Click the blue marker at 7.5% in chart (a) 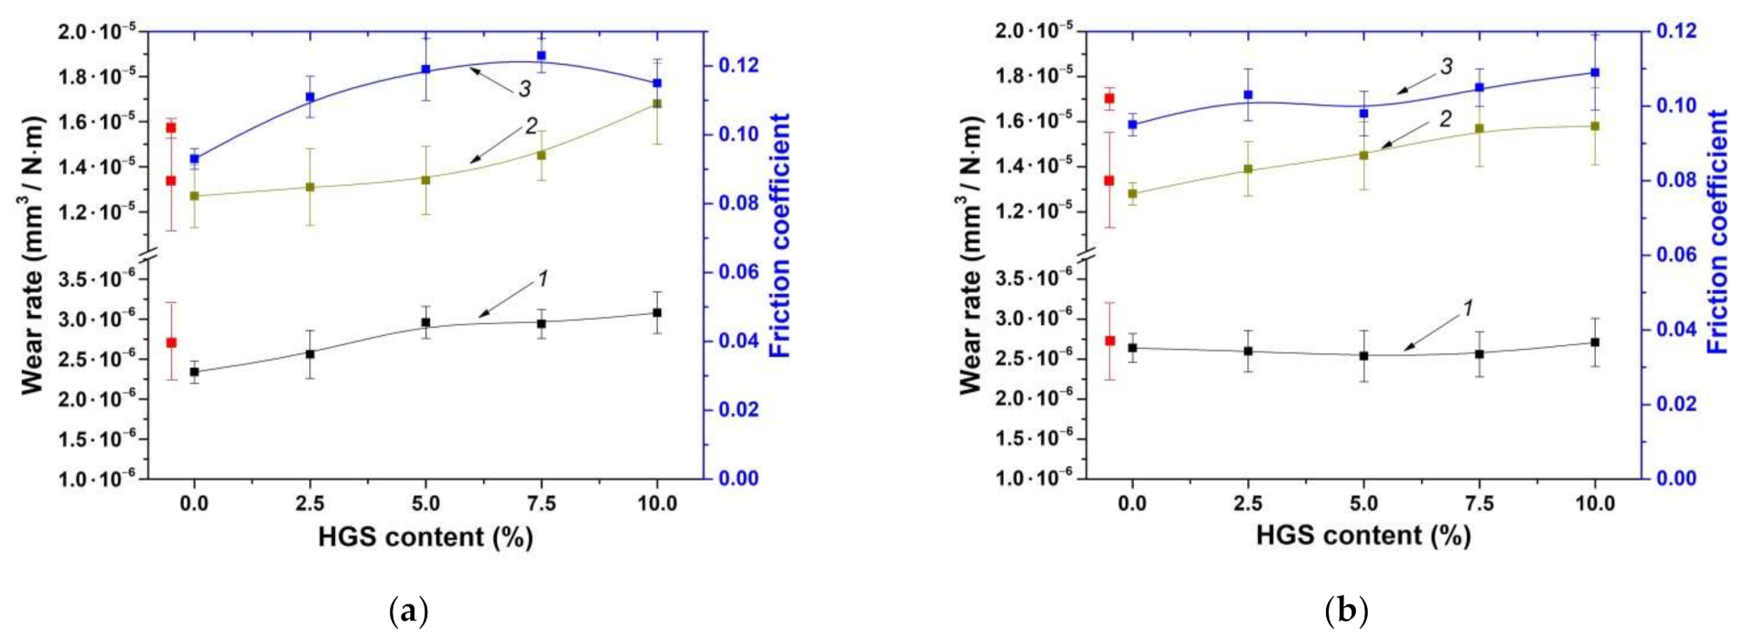pyautogui.click(x=542, y=56)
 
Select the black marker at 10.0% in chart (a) pyautogui.click(x=657, y=312)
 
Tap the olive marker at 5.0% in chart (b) pyautogui.click(x=1363, y=155)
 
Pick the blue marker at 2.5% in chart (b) pyautogui.click(x=1248, y=94)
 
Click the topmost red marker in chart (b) pyautogui.click(x=1110, y=98)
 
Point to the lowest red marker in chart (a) pyautogui.click(x=171, y=342)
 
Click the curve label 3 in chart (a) pyautogui.click(x=524, y=89)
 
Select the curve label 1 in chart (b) pyautogui.click(x=1468, y=309)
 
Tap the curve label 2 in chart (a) pyautogui.click(x=531, y=126)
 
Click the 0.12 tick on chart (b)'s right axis pyautogui.click(x=1676, y=31)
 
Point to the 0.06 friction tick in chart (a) pyautogui.click(x=738, y=272)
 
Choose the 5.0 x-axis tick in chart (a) pyautogui.click(x=425, y=504)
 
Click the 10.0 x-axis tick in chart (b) pyautogui.click(x=1595, y=504)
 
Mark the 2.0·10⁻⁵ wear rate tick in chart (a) pyautogui.click(x=96, y=31)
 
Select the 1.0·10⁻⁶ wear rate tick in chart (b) pyautogui.click(x=1034, y=478)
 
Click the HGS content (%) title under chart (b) pyautogui.click(x=1363, y=536)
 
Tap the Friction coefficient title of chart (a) pyautogui.click(x=780, y=235)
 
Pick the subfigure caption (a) pyautogui.click(x=409, y=611)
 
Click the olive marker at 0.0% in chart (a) pyautogui.click(x=194, y=195)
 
